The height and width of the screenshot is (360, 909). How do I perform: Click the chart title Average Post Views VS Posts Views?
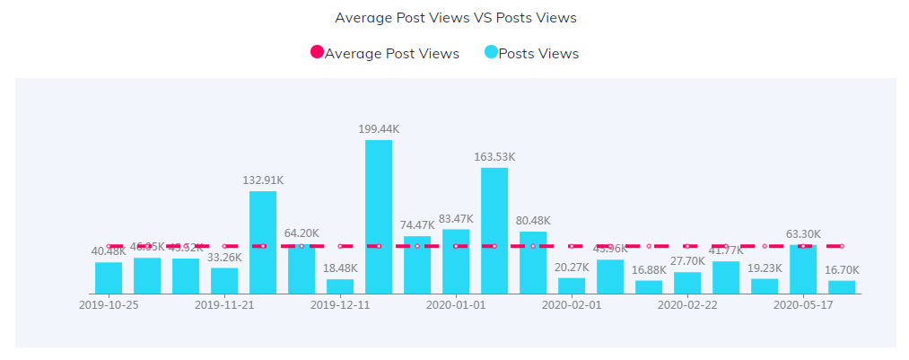point(455,18)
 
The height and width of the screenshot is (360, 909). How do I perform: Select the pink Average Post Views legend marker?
point(317,53)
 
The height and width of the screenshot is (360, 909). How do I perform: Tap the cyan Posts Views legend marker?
point(491,53)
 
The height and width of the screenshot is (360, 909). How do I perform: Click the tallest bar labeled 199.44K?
point(379,216)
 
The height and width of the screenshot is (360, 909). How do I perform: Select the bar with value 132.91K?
point(263,242)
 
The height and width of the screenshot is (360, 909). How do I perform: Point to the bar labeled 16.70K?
point(842,287)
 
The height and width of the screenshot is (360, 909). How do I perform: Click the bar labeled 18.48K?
point(340,286)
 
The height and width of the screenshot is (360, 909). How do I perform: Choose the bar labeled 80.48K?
point(533,262)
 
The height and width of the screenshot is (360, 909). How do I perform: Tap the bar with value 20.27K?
point(572,285)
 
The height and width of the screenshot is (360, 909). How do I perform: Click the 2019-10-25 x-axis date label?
point(109,305)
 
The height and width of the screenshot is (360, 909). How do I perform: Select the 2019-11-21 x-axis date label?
point(224,305)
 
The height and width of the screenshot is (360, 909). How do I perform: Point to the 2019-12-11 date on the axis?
point(340,305)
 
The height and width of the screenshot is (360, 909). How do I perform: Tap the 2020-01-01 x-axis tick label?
point(456,305)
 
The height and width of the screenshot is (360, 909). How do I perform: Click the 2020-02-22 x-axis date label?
point(687,305)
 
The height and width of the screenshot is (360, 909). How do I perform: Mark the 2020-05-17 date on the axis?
point(803,305)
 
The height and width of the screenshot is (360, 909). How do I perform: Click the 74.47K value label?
point(418,225)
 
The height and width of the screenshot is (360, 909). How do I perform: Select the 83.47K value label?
point(456,219)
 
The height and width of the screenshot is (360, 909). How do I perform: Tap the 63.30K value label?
point(803,235)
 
